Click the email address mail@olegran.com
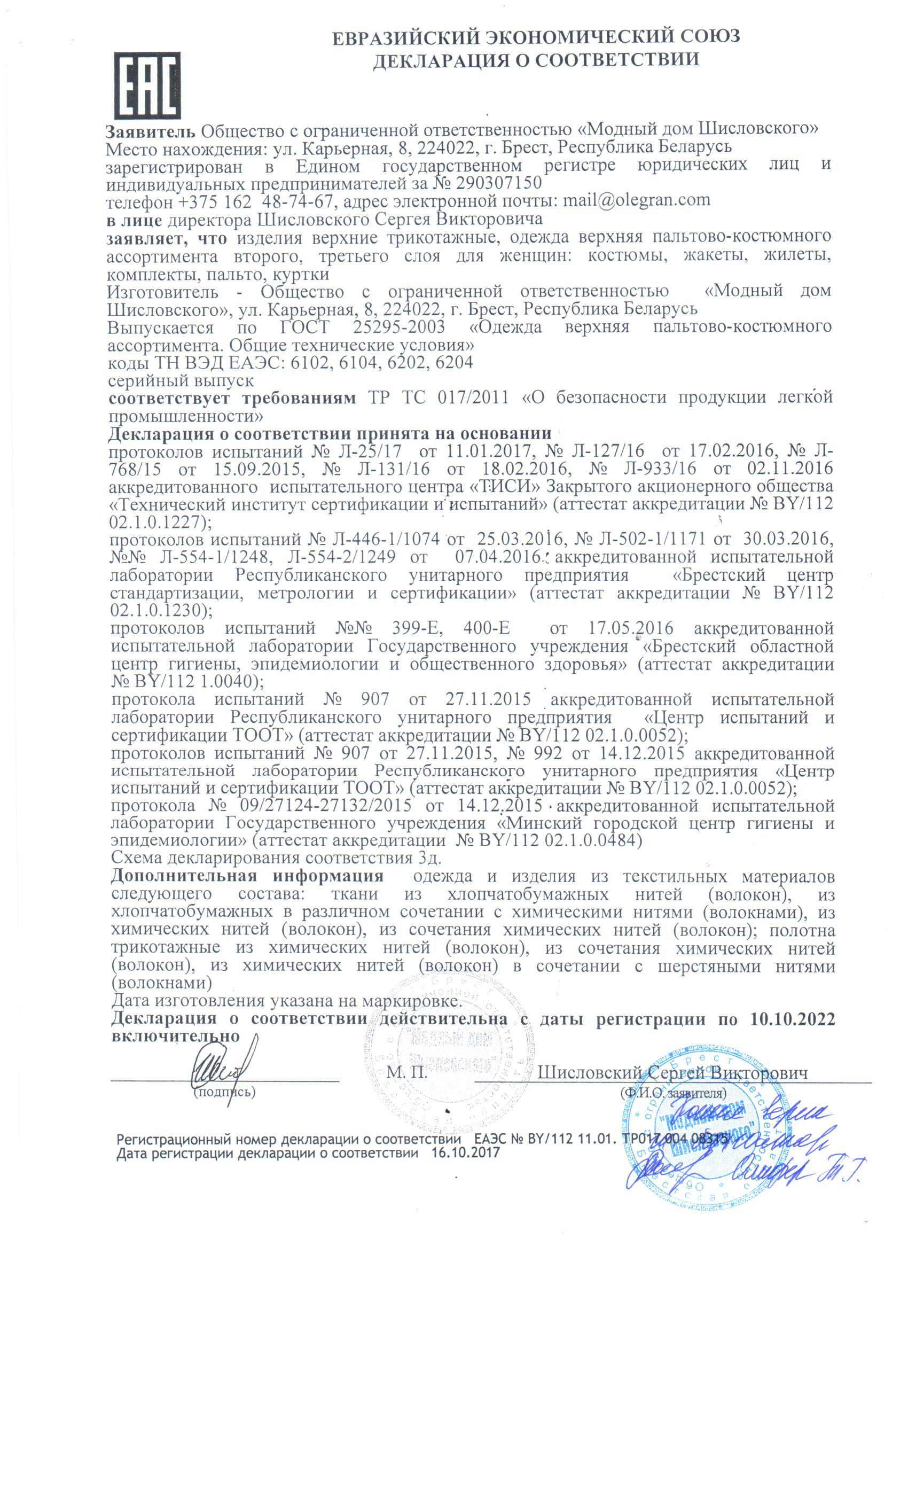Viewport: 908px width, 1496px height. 637,200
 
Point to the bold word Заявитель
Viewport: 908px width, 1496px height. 151,130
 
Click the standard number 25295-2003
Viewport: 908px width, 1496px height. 398,327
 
